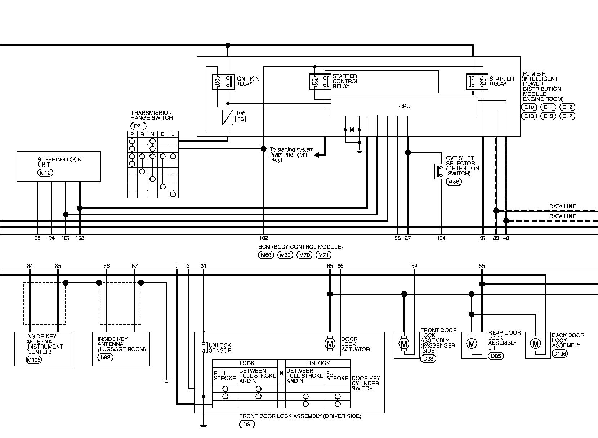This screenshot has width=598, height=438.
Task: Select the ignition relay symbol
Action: point(223,82)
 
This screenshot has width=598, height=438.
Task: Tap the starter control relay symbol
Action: point(320,81)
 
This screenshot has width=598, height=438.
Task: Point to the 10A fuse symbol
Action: point(228,117)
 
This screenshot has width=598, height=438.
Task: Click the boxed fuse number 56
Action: point(241,119)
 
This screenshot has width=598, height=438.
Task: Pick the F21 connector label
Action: point(139,126)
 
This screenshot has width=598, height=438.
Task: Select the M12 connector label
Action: point(45,173)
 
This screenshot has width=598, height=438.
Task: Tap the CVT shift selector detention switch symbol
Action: point(439,171)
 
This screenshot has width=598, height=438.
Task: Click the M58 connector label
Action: point(454,182)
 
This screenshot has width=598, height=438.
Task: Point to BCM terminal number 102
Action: point(264,238)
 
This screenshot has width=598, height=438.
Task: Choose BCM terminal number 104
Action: point(441,238)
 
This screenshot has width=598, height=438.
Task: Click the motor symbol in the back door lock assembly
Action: point(536,344)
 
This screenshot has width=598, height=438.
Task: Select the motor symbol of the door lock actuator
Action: point(330,344)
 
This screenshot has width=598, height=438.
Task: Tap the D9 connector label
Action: point(247,424)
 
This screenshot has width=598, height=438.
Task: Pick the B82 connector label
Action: point(106,357)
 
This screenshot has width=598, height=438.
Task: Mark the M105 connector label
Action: point(34,360)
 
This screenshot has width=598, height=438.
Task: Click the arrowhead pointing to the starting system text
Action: point(317,155)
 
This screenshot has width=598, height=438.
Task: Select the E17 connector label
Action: point(567,116)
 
